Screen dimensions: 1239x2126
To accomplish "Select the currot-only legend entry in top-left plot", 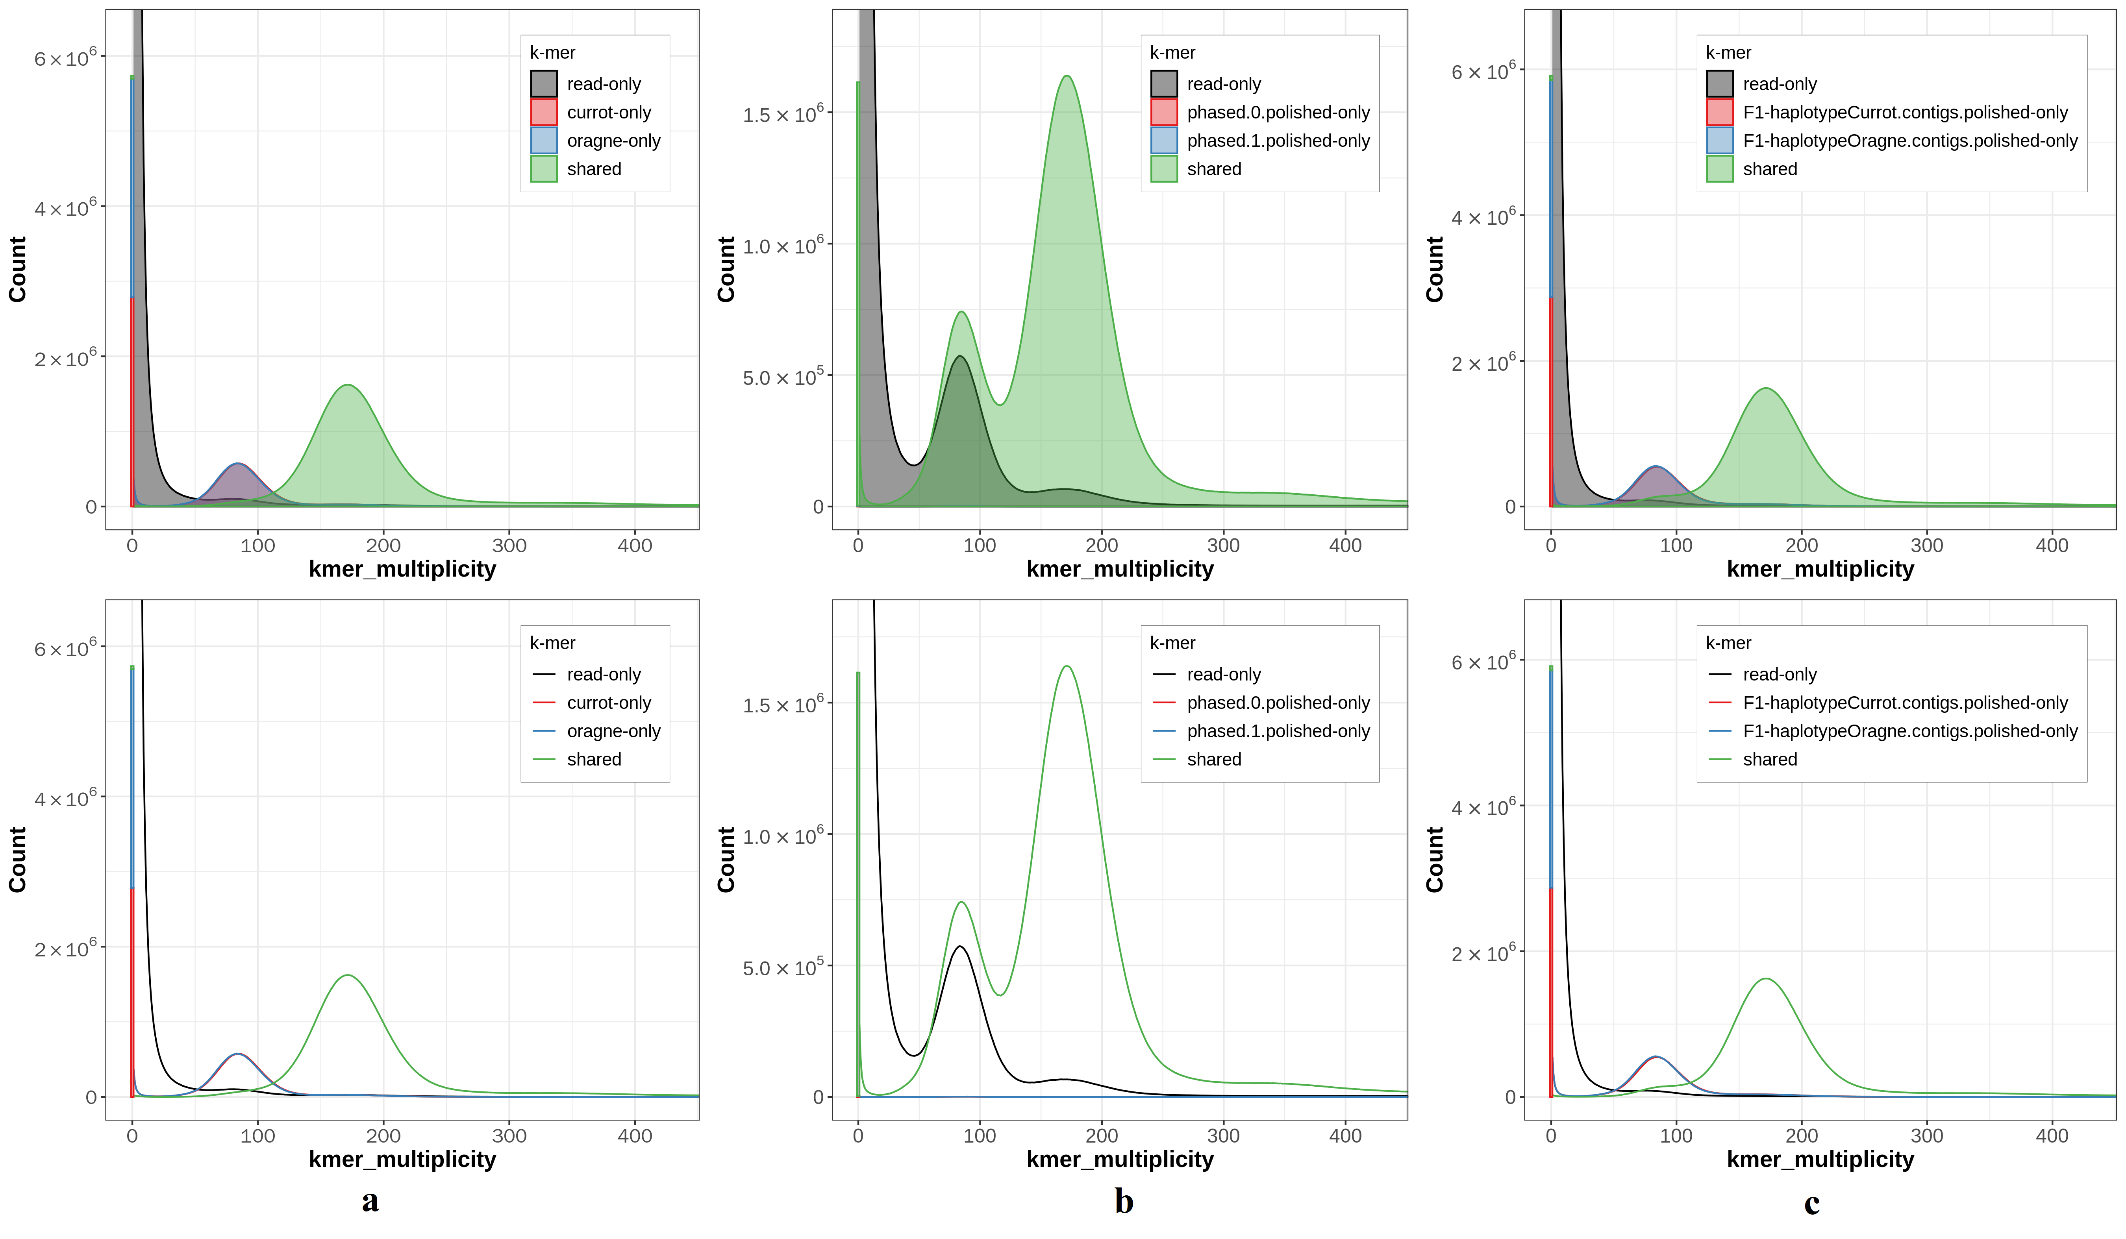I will point(608,112).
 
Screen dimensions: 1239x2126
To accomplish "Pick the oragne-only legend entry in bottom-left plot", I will point(613,731).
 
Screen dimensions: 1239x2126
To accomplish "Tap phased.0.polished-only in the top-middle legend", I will point(1277,112).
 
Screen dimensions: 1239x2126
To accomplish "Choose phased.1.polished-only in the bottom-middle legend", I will point(1277,731).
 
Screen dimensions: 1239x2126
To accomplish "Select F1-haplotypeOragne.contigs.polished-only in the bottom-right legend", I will point(1909,731).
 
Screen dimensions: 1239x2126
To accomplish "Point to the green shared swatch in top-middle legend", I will point(1163,169).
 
